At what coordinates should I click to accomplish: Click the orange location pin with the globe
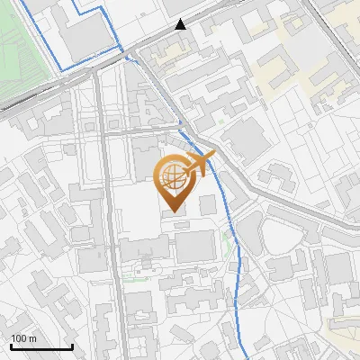pyautogui.click(x=173, y=180)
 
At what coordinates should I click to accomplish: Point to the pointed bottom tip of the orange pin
pyautogui.click(x=173, y=212)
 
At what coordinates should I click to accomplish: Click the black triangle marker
pyautogui.click(x=182, y=24)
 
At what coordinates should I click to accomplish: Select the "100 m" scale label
pyautogui.click(x=22, y=337)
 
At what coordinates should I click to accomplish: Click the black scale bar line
pyautogui.click(x=41, y=346)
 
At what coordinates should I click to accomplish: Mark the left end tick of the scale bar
pyautogui.click(x=11, y=345)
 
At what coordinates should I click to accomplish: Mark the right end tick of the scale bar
pyautogui.click(x=72, y=345)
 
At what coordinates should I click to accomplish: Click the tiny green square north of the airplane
pyautogui.click(x=220, y=120)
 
